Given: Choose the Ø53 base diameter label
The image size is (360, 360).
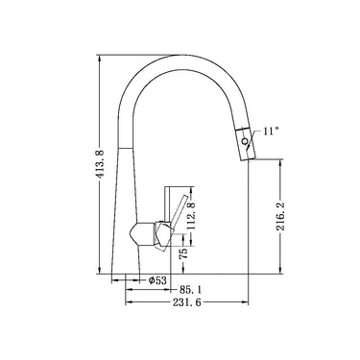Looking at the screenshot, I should (158, 280).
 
